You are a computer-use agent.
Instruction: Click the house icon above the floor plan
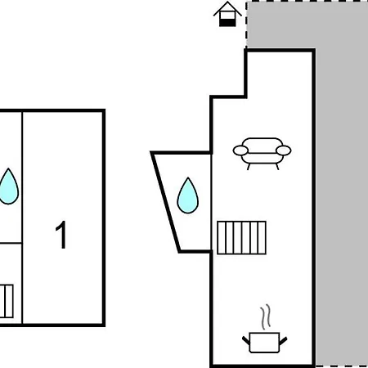(227, 14)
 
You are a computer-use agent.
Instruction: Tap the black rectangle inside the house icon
(227, 23)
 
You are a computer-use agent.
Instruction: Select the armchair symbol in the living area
(262, 154)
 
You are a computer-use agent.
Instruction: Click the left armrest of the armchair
(240, 150)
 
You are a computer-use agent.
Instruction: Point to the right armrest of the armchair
(284, 150)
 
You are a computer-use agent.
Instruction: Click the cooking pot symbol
(264, 343)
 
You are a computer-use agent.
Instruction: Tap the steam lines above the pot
(266, 316)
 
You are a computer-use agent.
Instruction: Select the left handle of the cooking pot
(246, 341)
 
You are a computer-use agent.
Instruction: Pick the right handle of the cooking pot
(283, 341)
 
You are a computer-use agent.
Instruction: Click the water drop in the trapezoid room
(188, 195)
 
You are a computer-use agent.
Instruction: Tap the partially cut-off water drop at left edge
(9, 186)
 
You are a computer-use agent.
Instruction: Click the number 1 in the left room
(61, 235)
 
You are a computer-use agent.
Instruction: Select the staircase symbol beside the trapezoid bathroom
(241, 238)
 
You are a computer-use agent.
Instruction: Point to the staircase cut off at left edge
(7, 301)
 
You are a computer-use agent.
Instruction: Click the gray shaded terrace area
(341, 191)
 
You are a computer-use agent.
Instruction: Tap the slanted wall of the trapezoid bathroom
(166, 202)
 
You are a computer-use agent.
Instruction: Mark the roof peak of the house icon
(227, 2)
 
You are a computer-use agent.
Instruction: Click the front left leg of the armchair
(249, 167)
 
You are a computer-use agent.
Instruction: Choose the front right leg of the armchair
(277, 167)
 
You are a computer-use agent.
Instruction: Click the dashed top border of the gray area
(307, 1)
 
